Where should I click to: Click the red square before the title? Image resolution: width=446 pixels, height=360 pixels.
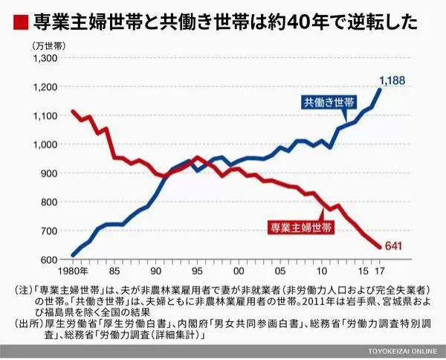(21, 22)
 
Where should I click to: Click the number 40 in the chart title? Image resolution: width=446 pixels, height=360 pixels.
(295, 22)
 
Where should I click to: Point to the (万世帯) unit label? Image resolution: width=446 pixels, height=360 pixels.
(49, 46)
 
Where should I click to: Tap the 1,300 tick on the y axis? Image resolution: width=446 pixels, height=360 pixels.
(45, 58)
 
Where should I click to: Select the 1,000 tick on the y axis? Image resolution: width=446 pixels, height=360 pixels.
(45, 144)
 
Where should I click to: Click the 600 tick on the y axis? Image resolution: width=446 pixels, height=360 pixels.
(49, 260)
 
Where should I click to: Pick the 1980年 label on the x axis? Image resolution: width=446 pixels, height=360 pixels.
(74, 271)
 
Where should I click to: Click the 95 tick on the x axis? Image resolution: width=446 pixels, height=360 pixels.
(197, 271)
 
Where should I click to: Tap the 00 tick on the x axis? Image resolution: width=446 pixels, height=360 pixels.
(239, 271)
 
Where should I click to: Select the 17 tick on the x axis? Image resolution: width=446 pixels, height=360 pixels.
(379, 271)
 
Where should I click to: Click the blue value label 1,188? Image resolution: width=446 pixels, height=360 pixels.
(392, 81)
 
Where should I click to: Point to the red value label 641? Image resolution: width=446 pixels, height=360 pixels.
(393, 245)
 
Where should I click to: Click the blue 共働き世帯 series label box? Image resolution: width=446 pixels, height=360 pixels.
(329, 102)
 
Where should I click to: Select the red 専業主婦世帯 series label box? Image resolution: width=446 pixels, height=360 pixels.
(301, 228)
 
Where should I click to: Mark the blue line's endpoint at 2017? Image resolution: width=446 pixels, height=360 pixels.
(379, 90)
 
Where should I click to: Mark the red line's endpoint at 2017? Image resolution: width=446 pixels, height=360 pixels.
(379, 247)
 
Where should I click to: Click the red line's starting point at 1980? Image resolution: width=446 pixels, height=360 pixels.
(73, 112)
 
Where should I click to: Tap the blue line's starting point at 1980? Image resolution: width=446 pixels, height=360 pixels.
(73, 255)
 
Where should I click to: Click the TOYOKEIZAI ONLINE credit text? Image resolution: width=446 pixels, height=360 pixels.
(402, 351)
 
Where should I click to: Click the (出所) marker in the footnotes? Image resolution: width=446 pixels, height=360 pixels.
(28, 324)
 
